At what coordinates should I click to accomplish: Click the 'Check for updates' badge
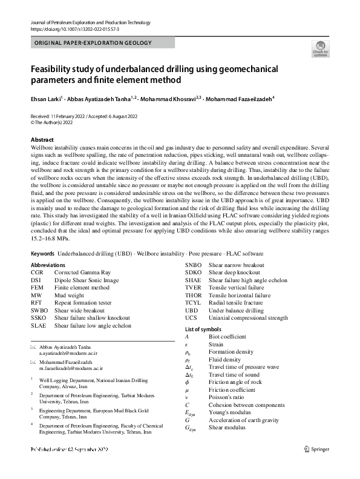click(x=320, y=48)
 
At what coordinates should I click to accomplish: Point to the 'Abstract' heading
click(x=42, y=140)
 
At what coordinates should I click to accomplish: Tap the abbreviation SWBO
click(x=39, y=311)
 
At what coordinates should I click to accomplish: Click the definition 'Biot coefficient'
click(x=227, y=336)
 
